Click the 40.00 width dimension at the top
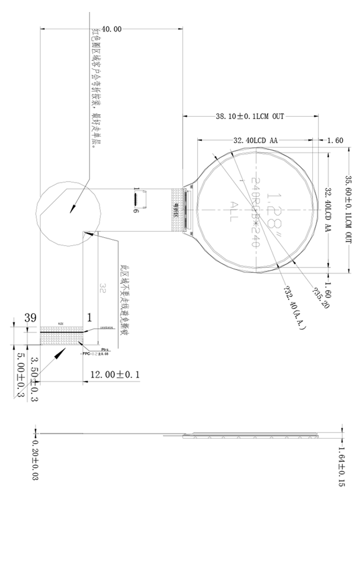[111, 29]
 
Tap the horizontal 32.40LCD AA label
[255, 141]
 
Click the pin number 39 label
[31, 318]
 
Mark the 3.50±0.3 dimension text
[35, 379]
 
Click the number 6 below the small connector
[137, 211]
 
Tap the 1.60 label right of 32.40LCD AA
[335, 141]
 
